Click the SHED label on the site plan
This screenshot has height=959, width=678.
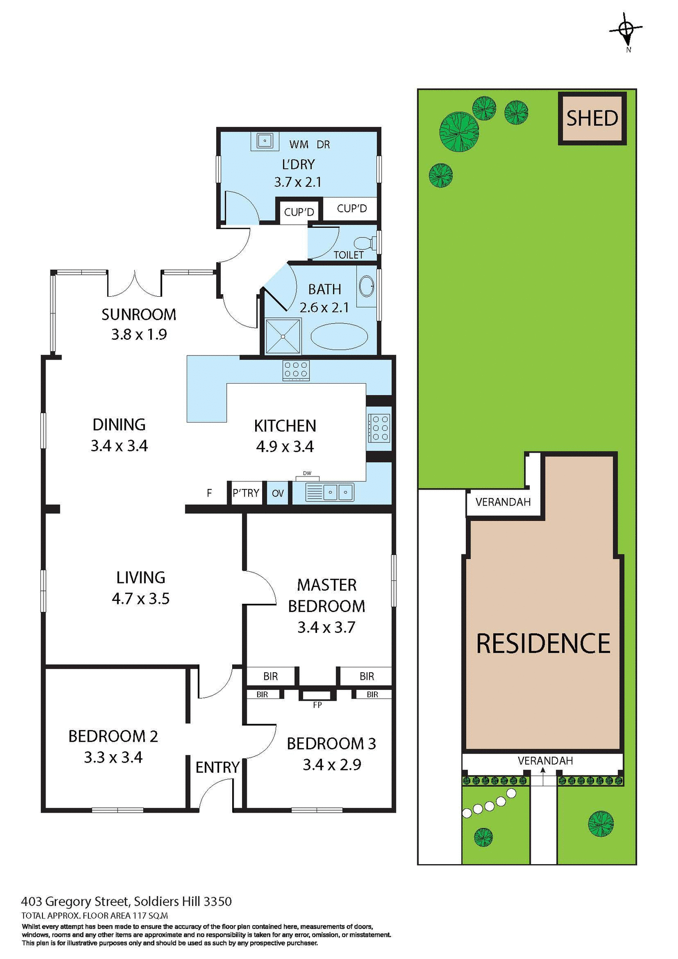[x=592, y=118]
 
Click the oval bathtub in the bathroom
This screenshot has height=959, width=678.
[x=339, y=336]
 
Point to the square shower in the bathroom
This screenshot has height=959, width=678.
[x=283, y=336]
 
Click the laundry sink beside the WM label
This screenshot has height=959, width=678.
[x=265, y=141]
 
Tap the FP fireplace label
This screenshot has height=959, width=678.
[x=317, y=705]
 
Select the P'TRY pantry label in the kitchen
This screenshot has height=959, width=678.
[x=246, y=493]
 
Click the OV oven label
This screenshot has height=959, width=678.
[x=278, y=493]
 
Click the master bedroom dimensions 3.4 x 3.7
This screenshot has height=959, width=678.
[x=326, y=627]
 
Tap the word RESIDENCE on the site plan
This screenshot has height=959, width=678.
[x=543, y=643]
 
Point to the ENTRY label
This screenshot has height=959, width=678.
[x=217, y=767]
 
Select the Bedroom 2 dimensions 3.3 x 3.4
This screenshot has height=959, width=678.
[x=113, y=757]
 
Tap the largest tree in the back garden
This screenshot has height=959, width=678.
[x=459, y=132]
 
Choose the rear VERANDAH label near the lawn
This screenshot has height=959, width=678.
[x=503, y=502]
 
